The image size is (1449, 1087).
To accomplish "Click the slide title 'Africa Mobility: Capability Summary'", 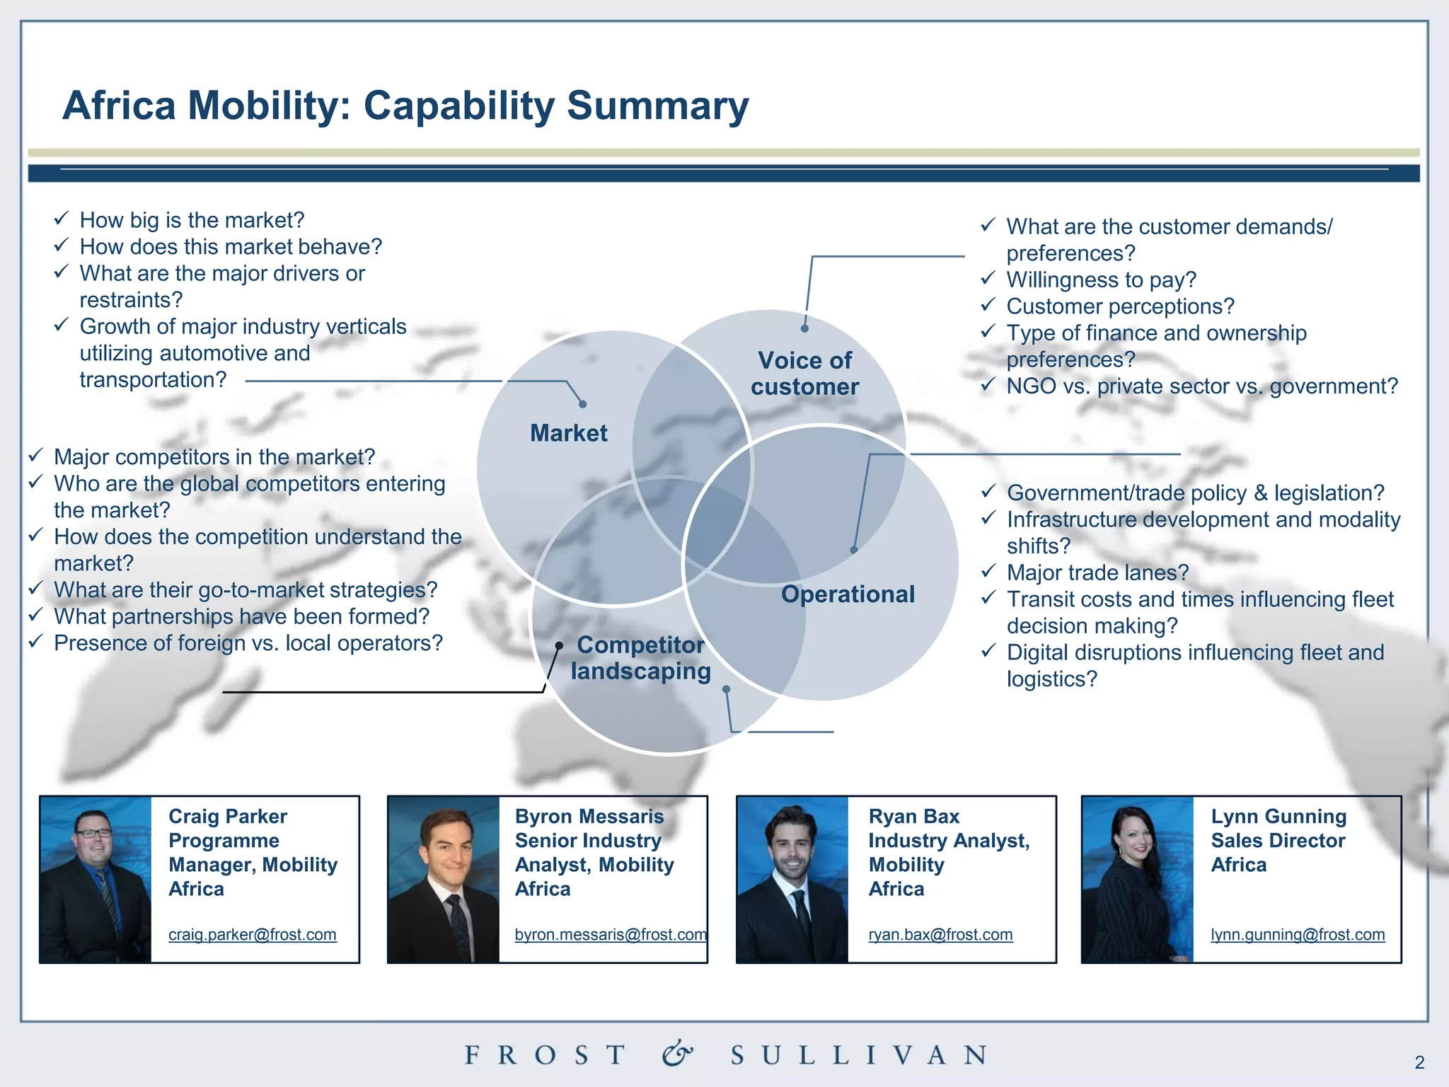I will (405, 105).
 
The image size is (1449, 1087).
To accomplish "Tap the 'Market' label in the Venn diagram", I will (568, 433).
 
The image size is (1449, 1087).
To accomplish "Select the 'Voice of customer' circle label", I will (804, 374).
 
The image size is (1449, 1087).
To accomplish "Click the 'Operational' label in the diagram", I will (848, 594).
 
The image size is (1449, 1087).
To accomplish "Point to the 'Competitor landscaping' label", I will (640, 657).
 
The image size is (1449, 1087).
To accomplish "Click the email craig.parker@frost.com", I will (252, 934).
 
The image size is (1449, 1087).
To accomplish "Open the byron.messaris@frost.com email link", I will (610, 934).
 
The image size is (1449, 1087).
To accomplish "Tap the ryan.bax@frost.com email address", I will (940, 934).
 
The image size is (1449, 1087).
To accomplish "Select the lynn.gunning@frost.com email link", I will (1298, 934).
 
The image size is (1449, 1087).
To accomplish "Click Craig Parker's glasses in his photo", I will (93, 833).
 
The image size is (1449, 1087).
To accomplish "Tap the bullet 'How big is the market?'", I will (192, 220).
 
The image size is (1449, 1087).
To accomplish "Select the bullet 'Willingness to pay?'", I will (1101, 280).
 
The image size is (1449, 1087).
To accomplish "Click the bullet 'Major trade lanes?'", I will (1097, 573).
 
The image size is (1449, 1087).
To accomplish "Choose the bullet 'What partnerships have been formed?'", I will (241, 616).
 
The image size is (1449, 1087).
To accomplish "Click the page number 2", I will (1419, 1062).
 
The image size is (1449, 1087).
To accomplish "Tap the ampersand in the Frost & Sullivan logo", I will (677, 1054).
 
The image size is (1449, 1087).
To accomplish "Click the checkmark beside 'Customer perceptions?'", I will (988, 305).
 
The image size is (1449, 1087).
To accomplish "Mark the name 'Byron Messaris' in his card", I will (589, 817).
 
